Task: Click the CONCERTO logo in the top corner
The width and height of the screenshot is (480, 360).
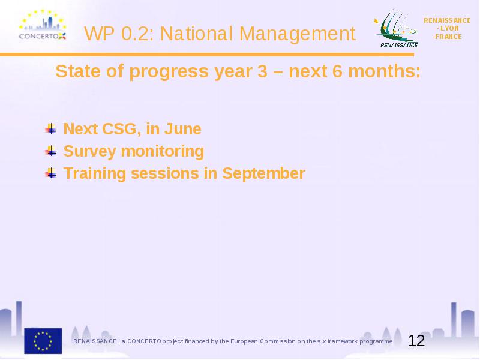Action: (x=43, y=25)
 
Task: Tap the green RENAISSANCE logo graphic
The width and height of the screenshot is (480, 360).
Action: (x=396, y=28)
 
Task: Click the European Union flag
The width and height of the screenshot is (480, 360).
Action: (x=43, y=341)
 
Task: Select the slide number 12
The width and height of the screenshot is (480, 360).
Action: (x=416, y=341)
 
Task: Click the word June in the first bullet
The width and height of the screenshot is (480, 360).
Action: (x=183, y=128)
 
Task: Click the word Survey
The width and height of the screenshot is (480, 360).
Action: (x=89, y=152)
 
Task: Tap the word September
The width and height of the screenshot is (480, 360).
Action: (x=263, y=174)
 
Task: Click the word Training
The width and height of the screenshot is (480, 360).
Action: (x=95, y=173)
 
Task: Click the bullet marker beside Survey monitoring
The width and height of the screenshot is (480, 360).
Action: (x=51, y=151)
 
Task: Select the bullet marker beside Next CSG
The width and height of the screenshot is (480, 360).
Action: (x=51, y=128)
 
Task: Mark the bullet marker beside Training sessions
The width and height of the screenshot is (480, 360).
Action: (x=51, y=173)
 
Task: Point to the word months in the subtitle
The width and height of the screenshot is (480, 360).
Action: (x=385, y=71)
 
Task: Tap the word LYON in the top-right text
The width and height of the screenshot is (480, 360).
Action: (x=449, y=28)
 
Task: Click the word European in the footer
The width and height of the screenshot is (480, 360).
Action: (x=244, y=341)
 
